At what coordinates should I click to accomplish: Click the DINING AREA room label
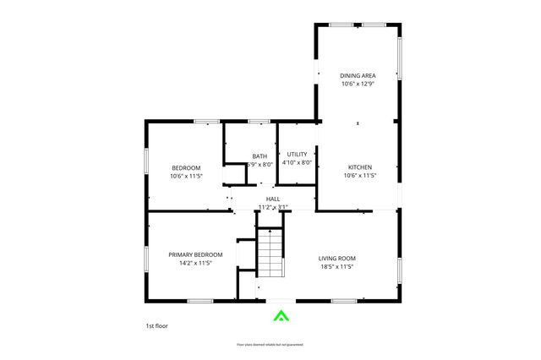(x=358, y=74)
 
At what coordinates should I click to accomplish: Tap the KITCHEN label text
(x=359, y=166)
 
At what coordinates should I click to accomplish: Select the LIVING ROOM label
(x=336, y=258)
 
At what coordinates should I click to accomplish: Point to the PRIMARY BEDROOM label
(x=195, y=254)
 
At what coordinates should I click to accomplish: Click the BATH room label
(x=260, y=155)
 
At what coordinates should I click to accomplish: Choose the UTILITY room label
(x=297, y=154)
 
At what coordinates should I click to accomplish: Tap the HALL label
(x=273, y=199)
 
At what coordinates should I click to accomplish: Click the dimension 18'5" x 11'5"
(x=336, y=266)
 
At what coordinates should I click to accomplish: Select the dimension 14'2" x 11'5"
(x=195, y=263)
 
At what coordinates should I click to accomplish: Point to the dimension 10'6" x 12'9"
(x=358, y=84)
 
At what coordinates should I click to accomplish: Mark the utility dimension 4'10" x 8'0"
(x=297, y=162)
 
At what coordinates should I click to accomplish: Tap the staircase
(x=270, y=251)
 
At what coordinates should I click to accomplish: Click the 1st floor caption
(x=156, y=325)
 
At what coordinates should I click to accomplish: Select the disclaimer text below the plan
(x=270, y=345)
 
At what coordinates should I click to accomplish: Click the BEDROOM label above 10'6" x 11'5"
(x=186, y=167)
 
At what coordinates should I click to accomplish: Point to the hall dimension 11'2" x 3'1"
(x=273, y=207)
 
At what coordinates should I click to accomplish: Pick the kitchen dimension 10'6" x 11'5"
(x=359, y=176)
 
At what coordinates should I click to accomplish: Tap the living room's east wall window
(x=399, y=270)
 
